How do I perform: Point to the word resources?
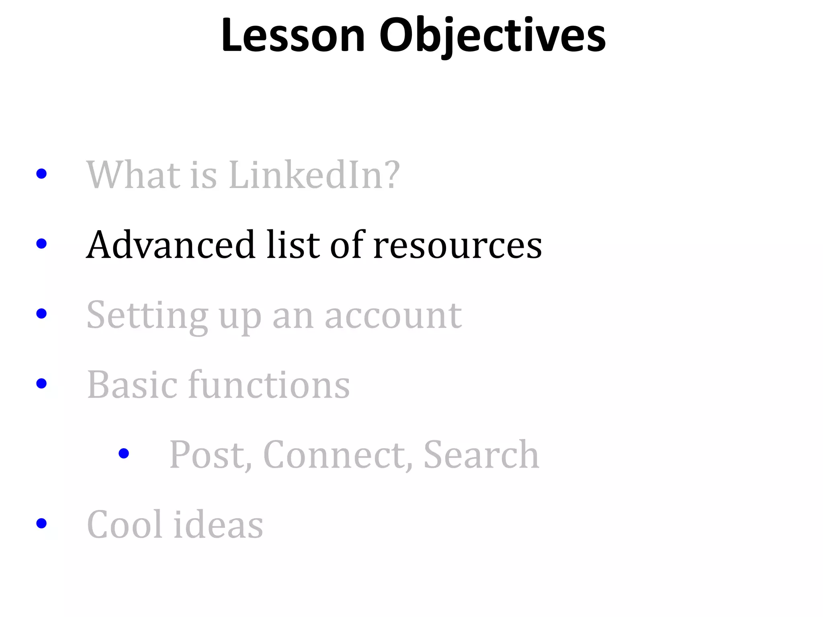[458, 245]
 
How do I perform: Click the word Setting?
[147, 316]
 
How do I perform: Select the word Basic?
[132, 385]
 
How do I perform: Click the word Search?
[481, 455]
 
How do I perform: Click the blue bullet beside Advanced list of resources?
[41, 243]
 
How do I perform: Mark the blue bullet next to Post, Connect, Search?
[124, 454]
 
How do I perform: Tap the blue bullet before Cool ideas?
[41, 523]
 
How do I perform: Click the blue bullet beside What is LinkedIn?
[41, 174]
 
